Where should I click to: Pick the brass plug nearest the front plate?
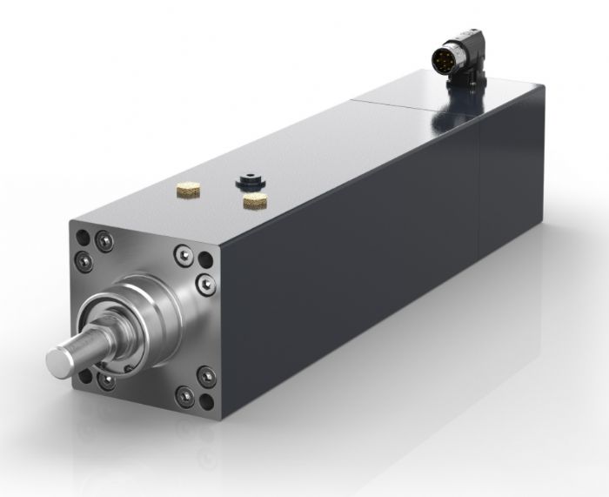click(188, 187)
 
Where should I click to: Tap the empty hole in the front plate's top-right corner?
click(204, 260)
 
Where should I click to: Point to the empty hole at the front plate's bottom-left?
click(85, 375)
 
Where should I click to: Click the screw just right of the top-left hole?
click(104, 242)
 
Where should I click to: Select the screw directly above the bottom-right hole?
click(206, 376)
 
